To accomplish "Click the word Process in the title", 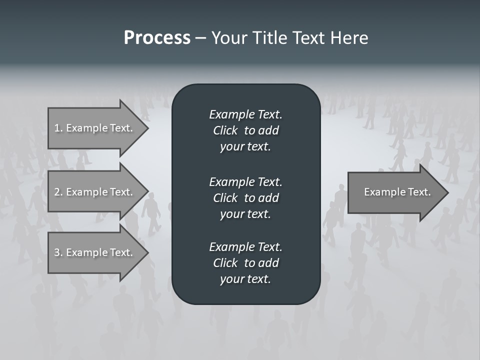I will coord(157,38).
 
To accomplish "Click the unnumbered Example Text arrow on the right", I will coord(397,192).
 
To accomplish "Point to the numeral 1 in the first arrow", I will coord(57,128).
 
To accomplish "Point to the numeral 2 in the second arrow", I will coord(57,192).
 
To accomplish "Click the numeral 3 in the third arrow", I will coord(57,252).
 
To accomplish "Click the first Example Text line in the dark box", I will coord(245,114).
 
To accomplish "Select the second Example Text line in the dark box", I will coord(245,181).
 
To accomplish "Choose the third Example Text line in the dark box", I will coord(245,246).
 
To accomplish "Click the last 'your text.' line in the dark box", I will coord(245,279).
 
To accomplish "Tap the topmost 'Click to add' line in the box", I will coord(245,130).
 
